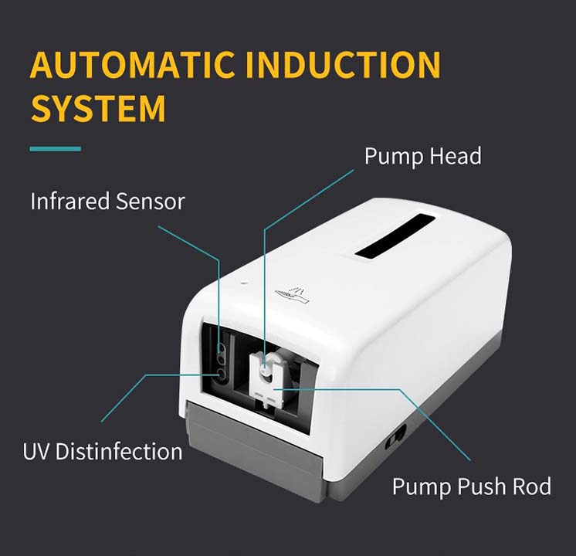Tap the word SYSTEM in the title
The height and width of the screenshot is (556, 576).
click(x=98, y=108)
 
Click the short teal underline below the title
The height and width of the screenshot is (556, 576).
click(x=55, y=148)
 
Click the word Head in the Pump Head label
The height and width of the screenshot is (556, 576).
click(x=453, y=156)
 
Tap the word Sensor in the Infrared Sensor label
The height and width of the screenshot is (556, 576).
click(x=150, y=202)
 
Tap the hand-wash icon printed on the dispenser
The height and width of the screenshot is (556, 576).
click(x=293, y=293)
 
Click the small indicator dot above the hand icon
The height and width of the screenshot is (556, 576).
click(x=244, y=283)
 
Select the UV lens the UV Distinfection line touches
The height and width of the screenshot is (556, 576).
click(x=222, y=375)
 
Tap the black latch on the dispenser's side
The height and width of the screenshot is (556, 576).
click(x=396, y=434)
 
